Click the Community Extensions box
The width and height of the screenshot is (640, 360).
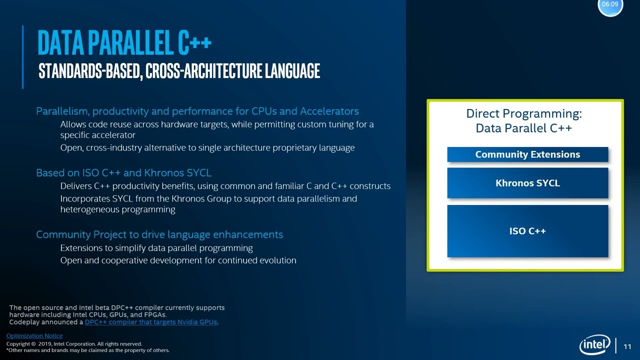coord(527,154)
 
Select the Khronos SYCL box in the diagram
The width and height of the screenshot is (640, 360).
coord(527,183)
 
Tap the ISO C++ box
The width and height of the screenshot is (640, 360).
coord(527,231)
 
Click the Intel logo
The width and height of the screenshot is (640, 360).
coord(594,344)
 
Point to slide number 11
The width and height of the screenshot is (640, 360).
coord(627,346)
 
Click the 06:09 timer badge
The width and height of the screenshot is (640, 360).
coord(610,4)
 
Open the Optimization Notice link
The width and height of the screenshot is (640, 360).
coord(34,336)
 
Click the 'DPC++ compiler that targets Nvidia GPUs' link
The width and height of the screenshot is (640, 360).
coord(150,322)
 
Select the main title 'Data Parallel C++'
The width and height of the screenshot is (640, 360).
coord(124,43)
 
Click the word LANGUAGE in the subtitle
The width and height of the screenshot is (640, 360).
coord(292,71)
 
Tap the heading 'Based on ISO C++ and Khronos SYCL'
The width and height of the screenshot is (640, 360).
coord(123,173)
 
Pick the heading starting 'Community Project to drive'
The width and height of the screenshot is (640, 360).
coord(159,234)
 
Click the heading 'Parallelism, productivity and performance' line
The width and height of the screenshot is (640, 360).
coord(197,111)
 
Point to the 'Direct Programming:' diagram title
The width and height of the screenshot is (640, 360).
coord(523,114)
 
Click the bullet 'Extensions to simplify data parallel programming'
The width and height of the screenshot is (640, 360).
coord(156,248)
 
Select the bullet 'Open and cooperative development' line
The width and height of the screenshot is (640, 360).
coord(178,260)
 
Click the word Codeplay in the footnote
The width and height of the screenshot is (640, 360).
coord(25,322)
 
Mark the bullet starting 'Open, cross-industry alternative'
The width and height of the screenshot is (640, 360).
coord(207,148)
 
